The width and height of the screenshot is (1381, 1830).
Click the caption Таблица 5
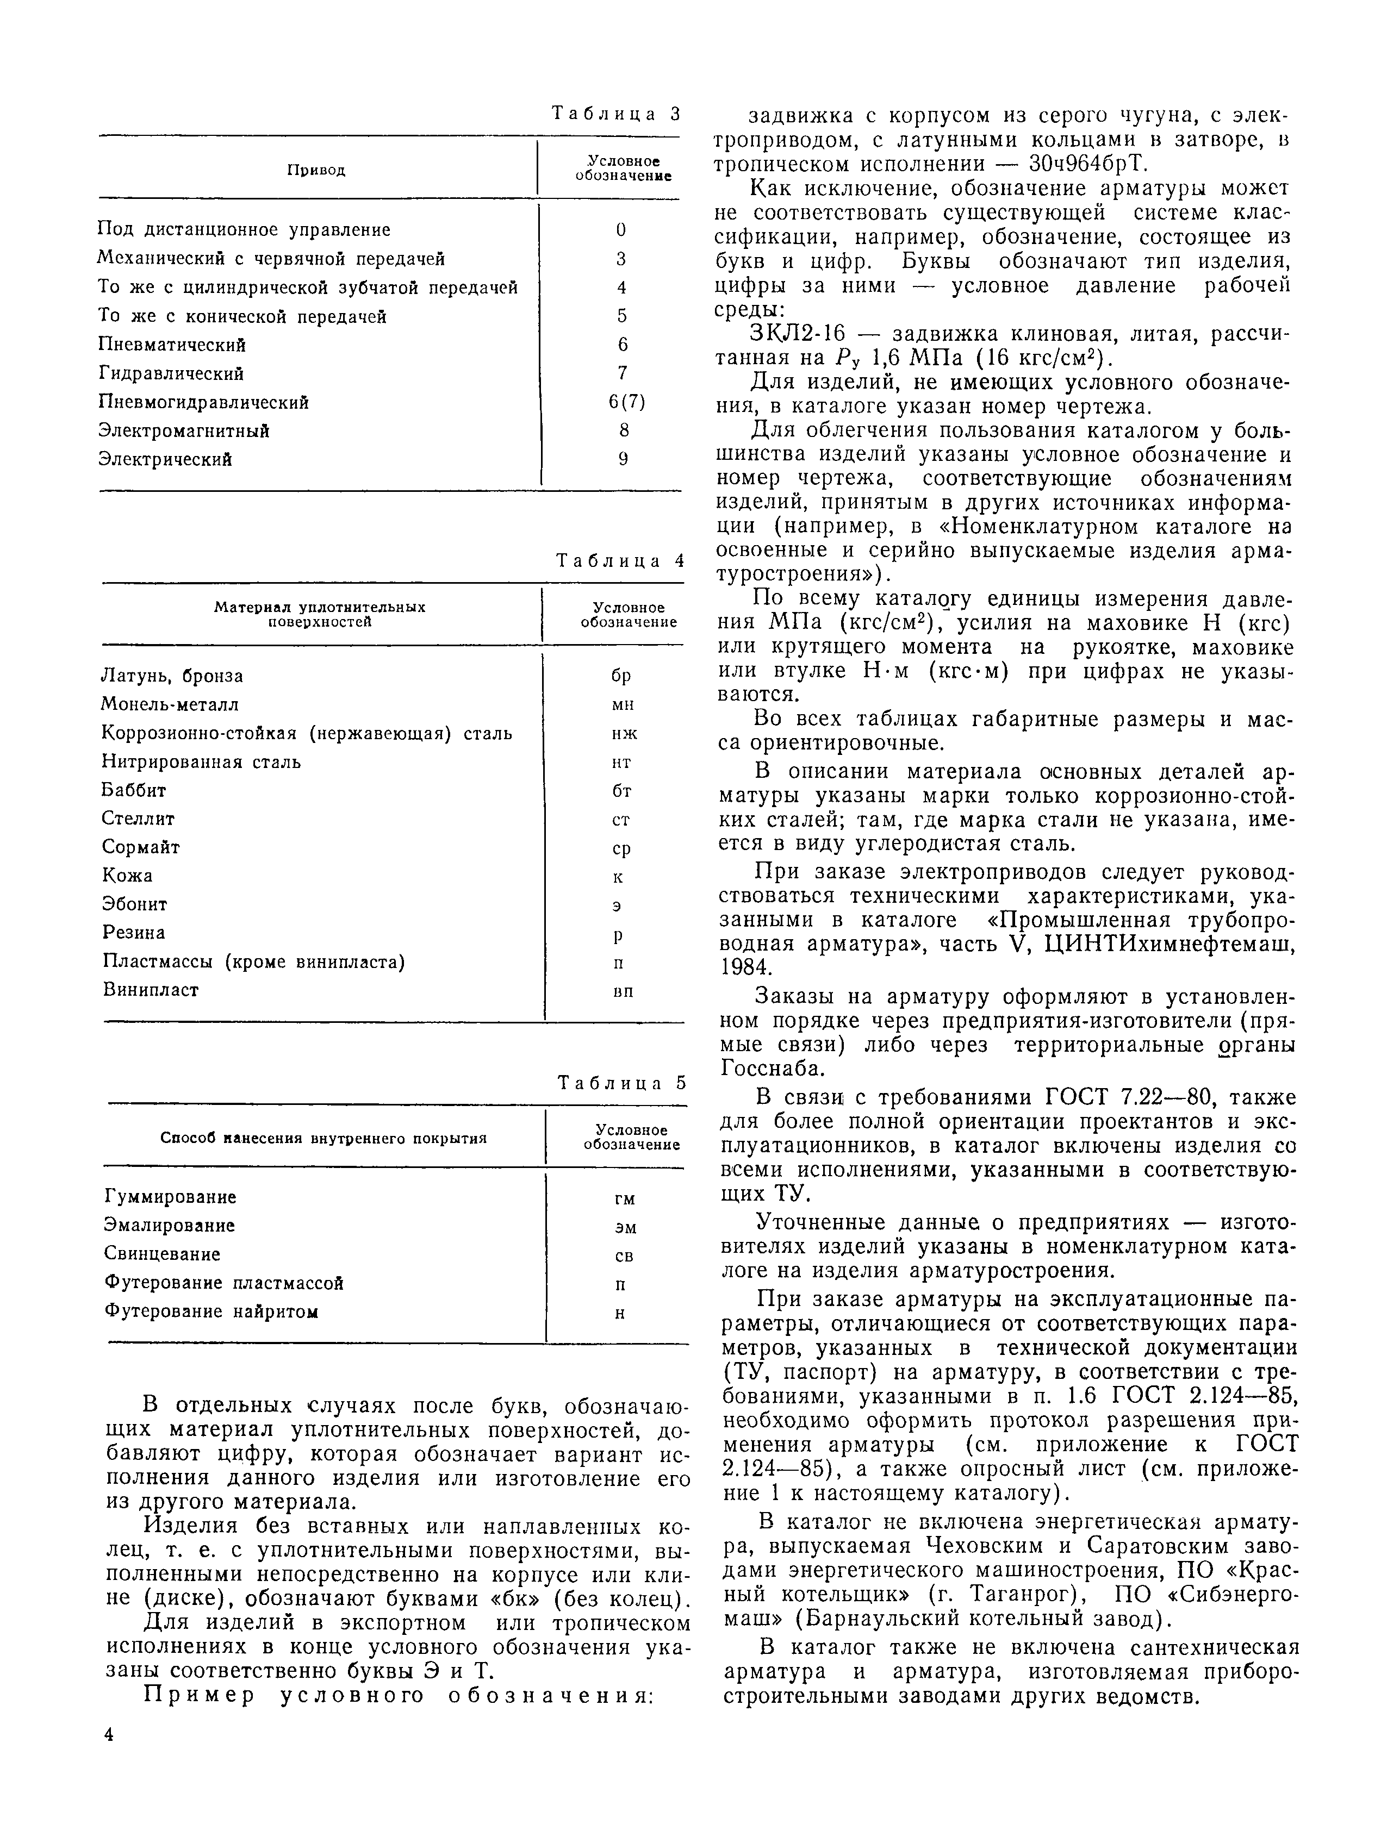coord(621,1083)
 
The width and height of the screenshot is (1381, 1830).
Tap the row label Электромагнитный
coord(184,431)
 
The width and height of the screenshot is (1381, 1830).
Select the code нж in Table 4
coord(624,734)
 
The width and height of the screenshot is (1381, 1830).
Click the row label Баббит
coord(134,790)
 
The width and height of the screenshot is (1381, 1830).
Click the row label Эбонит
coord(135,904)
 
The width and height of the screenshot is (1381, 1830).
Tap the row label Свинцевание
coord(162,1254)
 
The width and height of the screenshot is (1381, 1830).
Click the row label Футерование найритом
coord(212,1311)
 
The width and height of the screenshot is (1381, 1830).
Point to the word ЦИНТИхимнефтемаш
coord(1170,944)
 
